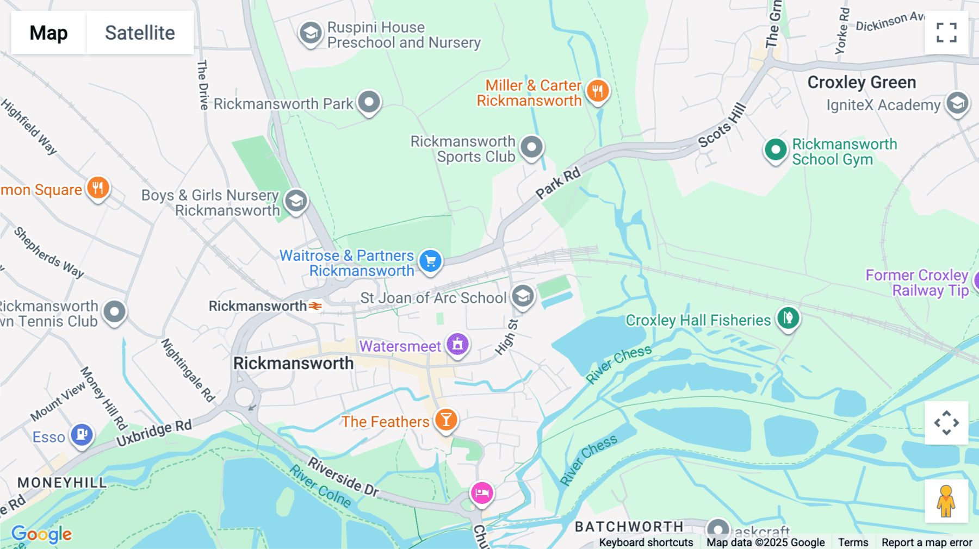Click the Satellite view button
tap(140, 33)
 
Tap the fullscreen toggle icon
tap(946, 33)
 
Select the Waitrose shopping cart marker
tap(430, 261)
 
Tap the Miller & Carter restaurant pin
tap(598, 91)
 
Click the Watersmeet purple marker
tap(457, 345)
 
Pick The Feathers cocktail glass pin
tap(446, 420)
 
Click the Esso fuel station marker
tap(82, 435)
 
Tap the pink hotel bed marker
tap(482, 493)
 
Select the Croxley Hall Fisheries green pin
tap(788, 318)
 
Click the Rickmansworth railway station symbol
tap(315, 306)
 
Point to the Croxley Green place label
tap(862, 83)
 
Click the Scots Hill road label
tap(722, 126)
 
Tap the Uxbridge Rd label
tap(154, 433)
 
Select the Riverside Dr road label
tap(343, 477)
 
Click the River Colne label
tap(320, 487)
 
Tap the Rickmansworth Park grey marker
tap(369, 102)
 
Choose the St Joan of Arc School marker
tap(523, 297)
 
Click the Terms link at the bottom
tap(853, 542)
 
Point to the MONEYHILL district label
tap(62, 483)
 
